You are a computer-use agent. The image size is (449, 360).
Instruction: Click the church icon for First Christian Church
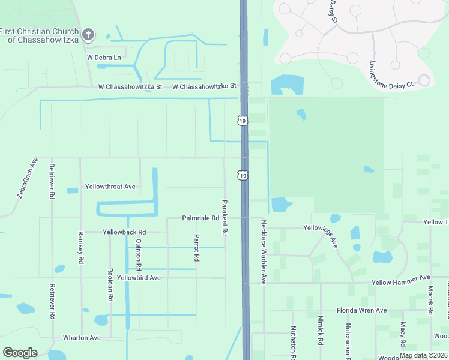click(88, 34)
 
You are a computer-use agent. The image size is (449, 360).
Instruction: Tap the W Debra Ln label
click(104, 58)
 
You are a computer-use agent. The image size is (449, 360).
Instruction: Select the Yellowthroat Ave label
click(110, 187)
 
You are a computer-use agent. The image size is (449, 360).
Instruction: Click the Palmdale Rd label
click(200, 218)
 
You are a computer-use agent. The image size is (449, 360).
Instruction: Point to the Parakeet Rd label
click(224, 217)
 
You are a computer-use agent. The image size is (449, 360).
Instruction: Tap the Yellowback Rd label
click(124, 232)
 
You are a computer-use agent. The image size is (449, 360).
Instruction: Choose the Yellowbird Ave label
click(139, 278)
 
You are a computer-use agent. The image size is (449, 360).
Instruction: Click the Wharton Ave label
click(83, 338)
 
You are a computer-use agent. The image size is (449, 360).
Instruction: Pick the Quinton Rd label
click(139, 254)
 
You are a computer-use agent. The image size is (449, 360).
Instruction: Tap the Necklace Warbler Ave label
click(263, 251)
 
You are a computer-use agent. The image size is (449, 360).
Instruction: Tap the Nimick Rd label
click(321, 329)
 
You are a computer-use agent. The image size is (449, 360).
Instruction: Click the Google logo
click(20, 353)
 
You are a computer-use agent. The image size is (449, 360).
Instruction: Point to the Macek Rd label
click(430, 301)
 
